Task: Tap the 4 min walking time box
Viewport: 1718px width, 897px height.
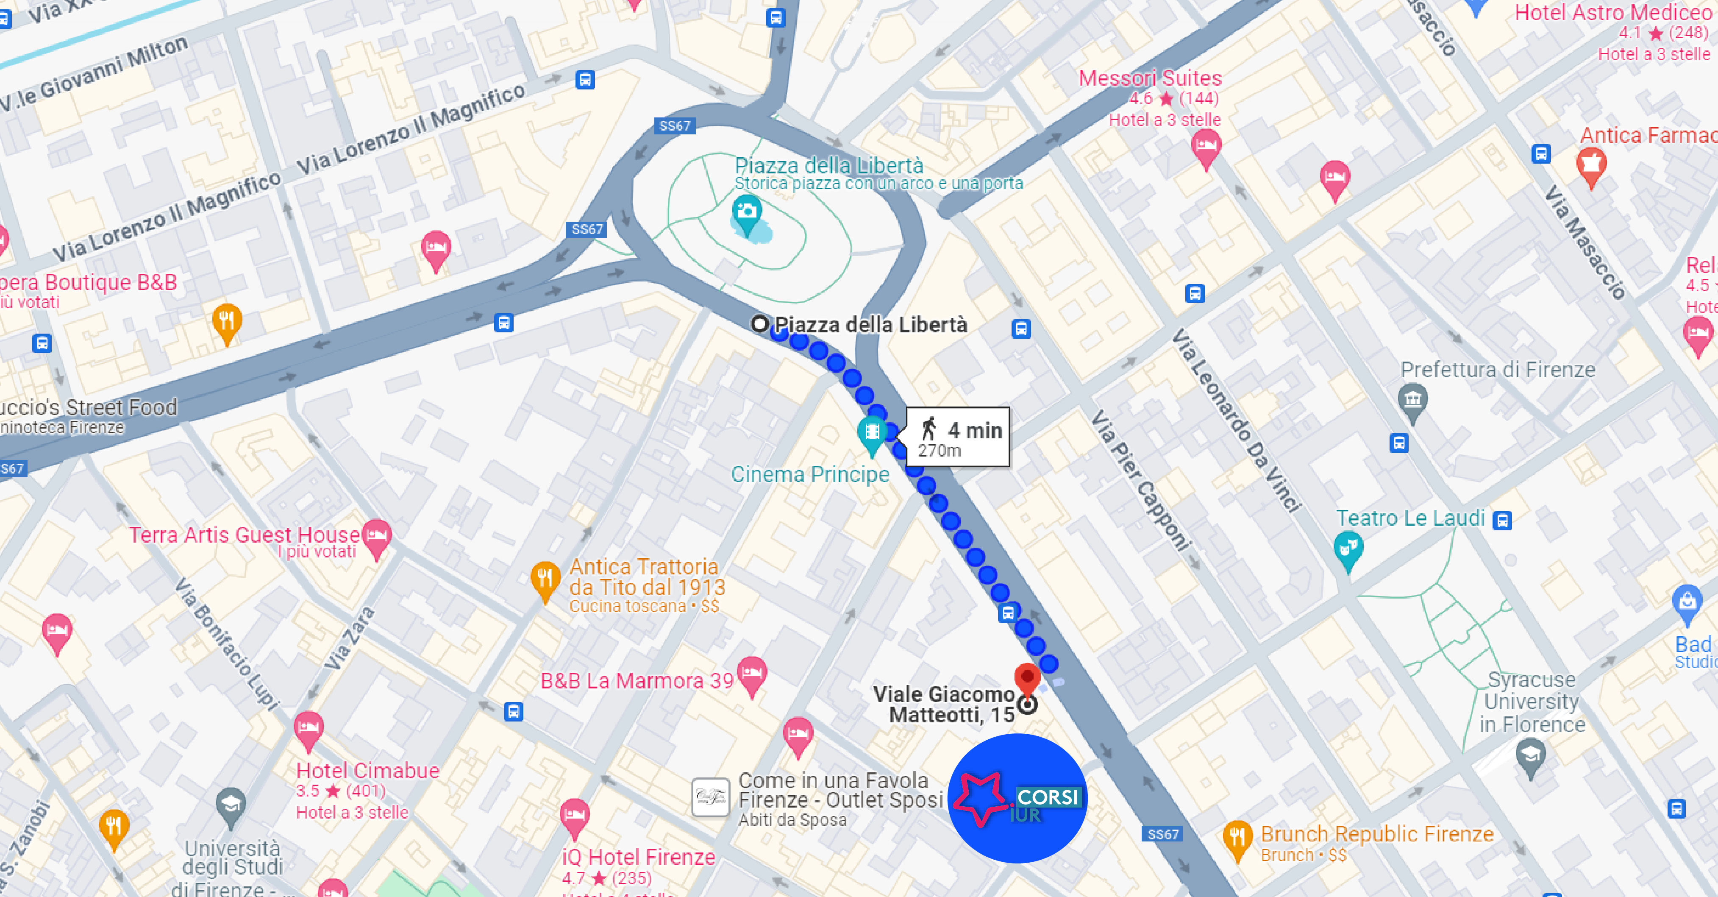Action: [x=958, y=437]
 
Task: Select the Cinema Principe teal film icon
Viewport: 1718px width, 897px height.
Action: [x=872, y=432]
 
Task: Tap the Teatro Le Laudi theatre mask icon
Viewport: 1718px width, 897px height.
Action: [x=1348, y=548]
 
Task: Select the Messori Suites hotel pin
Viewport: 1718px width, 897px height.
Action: [x=1206, y=145]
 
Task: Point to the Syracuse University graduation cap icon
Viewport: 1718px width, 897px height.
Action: [x=1531, y=755]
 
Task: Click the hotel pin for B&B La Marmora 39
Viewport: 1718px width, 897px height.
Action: [x=752, y=673]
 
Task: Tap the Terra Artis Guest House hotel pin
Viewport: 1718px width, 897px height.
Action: [x=377, y=535]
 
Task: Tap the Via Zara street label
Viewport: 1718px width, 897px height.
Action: [x=350, y=639]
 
